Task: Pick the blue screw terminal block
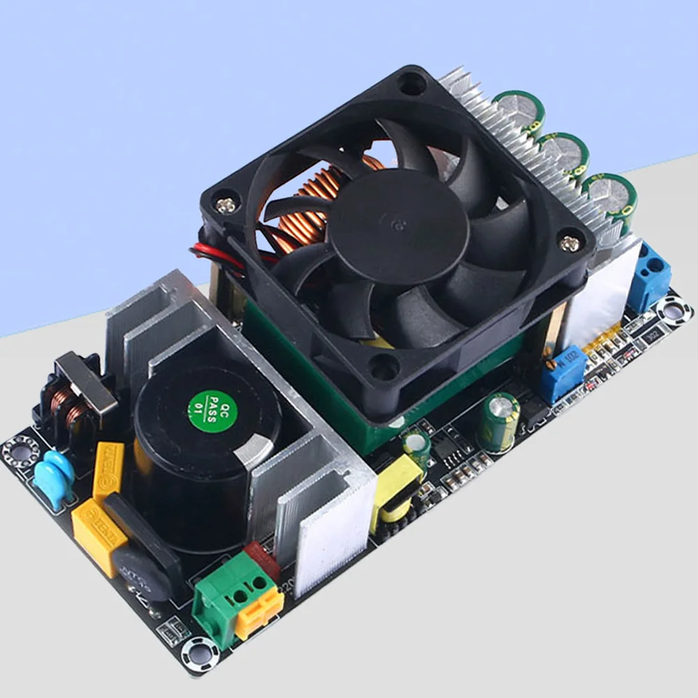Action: [x=648, y=276]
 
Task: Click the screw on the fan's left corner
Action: [x=224, y=207]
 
